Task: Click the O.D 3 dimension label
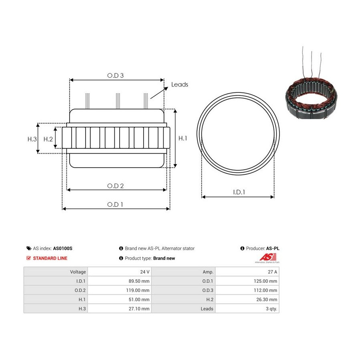tap(115, 76)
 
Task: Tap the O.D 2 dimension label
tap(115, 186)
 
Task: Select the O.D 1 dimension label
tap(115, 204)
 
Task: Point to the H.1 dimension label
tap(183, 138)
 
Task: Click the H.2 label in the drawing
tap(48, 139)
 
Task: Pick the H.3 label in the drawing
tap(32, 139)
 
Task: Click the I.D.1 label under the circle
tap(239, 192)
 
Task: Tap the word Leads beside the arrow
tap(180, 84)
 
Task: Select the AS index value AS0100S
tap(63, 248)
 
